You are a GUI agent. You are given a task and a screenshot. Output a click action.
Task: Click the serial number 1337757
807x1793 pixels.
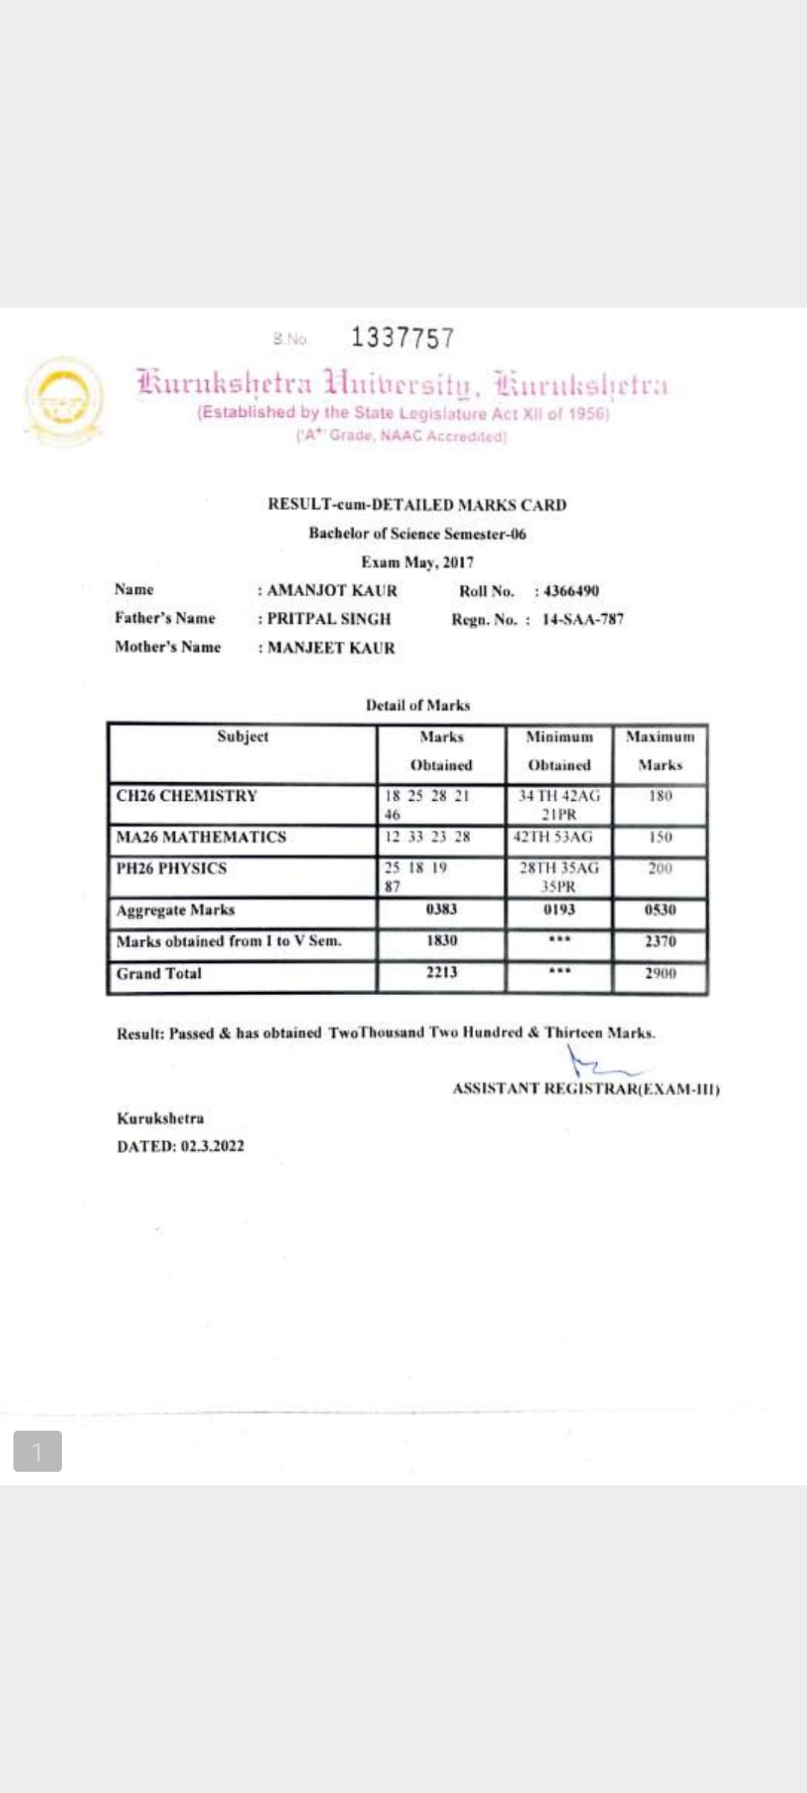coord(402,338)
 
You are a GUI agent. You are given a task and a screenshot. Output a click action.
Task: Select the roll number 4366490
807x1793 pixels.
coord(572,591)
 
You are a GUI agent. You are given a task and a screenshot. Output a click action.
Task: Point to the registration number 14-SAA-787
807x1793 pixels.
coord(583,619)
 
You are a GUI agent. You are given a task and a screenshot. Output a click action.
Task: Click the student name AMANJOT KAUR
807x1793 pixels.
coord(332,591)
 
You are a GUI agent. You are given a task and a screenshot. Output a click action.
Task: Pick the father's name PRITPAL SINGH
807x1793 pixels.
coord(329,619)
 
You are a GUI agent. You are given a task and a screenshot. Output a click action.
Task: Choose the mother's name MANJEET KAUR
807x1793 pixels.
coord(331,648)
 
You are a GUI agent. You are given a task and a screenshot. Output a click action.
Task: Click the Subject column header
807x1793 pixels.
coord(243,737)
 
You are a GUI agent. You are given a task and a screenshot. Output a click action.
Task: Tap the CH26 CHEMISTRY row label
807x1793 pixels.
coord(187,796)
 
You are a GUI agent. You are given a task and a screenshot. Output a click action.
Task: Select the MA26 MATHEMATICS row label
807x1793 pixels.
coord(201,837)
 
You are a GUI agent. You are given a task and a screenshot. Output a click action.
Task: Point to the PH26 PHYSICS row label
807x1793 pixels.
coord(171,868)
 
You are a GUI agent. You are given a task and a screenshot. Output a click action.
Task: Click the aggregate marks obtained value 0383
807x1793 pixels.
coord(441,909)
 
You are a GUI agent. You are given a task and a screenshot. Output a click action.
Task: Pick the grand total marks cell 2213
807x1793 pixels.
coord(442,972)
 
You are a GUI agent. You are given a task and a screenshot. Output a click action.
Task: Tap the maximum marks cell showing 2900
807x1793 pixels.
coord(661,973)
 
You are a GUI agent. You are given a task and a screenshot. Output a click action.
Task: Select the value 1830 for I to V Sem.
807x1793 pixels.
coord(442,940)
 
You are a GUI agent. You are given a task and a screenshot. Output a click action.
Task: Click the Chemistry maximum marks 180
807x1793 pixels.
coord(661,796)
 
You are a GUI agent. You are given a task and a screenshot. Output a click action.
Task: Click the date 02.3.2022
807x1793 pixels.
coord(212,1146)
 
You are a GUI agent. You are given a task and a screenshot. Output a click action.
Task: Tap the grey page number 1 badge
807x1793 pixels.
coord(37,1451)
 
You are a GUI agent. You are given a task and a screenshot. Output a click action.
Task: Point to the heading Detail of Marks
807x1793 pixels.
coord(418,705)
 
